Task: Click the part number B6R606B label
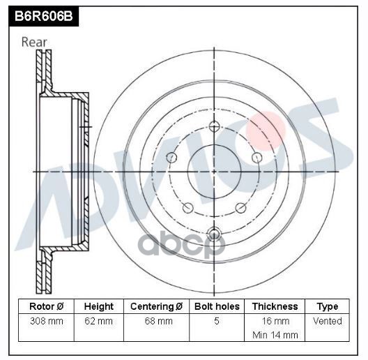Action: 40,13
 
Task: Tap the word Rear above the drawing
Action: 34,42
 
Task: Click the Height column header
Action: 99,306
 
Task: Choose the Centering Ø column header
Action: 157,306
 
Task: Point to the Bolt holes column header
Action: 217,306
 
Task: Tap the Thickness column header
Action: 275,306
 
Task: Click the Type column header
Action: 327,306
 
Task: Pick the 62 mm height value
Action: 99,322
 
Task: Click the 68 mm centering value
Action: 157,322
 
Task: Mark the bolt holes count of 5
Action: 217,322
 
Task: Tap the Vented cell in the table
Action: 327,322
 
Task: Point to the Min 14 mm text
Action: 275,335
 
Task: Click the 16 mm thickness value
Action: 275,322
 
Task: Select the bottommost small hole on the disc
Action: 215,233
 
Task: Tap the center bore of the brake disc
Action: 215,171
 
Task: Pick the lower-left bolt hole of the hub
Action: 187,208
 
